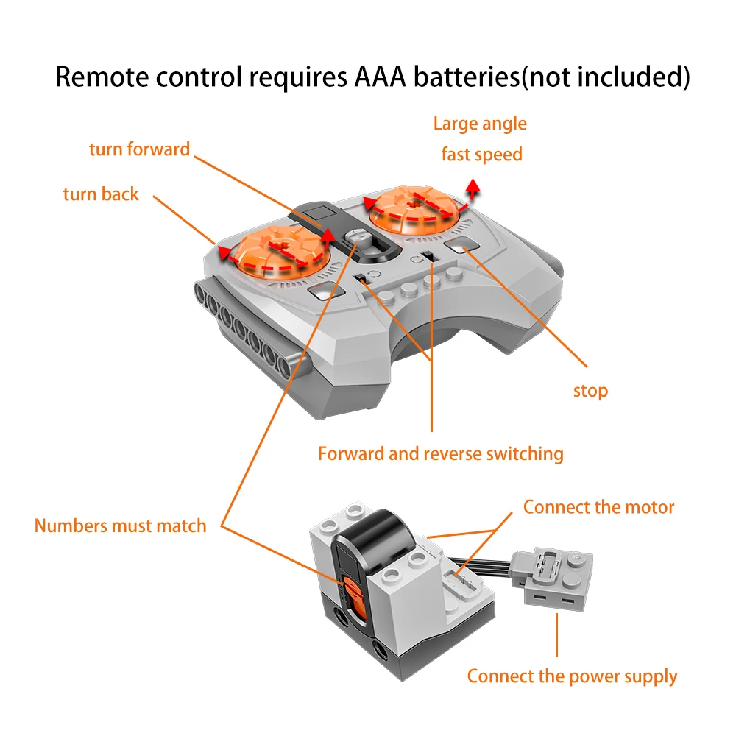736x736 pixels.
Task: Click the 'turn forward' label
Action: click(139, 149)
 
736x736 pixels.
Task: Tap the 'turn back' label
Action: click(101, 194)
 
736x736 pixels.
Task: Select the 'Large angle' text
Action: click(480, 124)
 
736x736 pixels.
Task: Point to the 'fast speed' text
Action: click(481, 155)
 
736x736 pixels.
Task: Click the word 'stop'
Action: click(590, 391)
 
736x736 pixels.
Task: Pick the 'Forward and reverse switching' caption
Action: click(440, 453)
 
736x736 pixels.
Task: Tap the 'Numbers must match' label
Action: click(120, 526)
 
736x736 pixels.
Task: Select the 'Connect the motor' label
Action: click(598, 507)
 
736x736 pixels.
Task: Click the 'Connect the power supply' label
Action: click(572, 676)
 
